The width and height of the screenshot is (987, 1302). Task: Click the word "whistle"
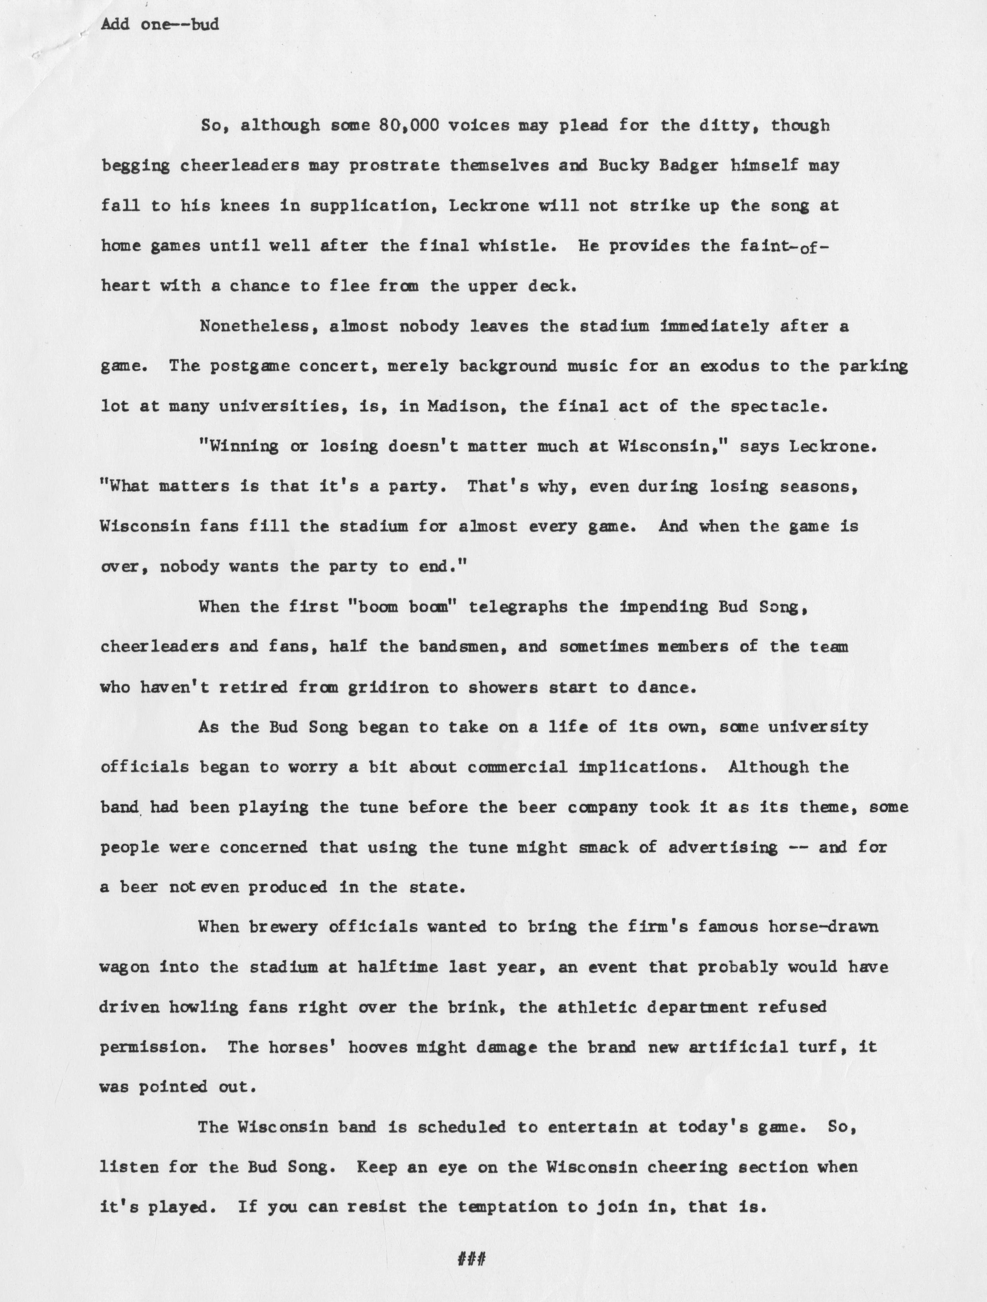pos(517,245)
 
